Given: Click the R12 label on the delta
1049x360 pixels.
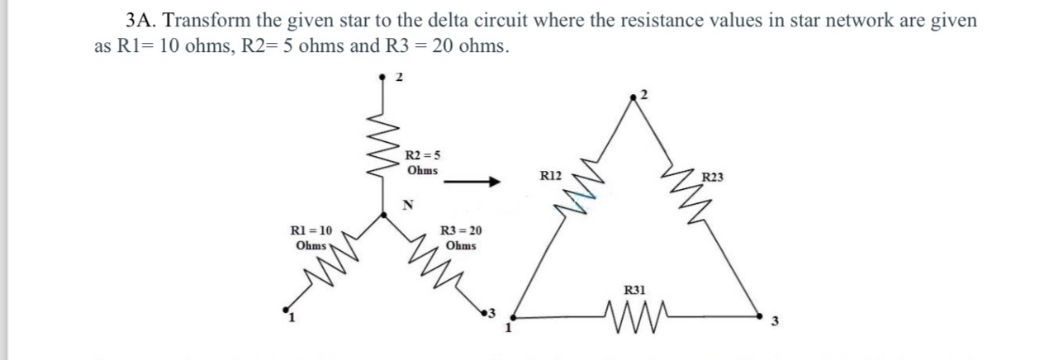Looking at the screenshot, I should (550, 176).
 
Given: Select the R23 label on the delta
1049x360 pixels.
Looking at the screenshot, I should (711, 176).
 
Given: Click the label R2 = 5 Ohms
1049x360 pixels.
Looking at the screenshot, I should (423, 162).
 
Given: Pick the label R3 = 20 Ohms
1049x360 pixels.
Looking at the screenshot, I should (461, 239).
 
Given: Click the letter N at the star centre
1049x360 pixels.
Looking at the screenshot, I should (407, 205).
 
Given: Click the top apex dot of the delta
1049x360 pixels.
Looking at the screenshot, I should (634, 97).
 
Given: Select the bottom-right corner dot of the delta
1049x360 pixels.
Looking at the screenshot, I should (760, 315).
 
